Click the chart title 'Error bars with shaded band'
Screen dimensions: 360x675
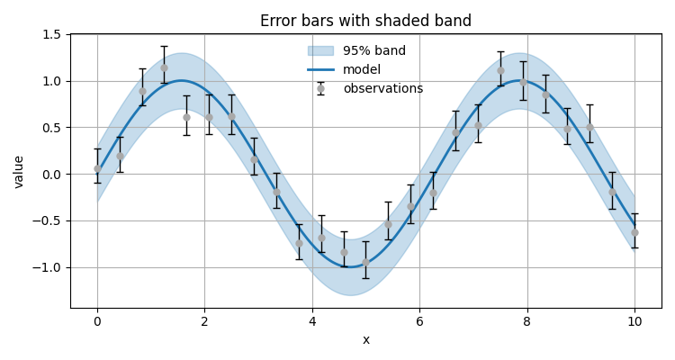[x=365, y=21]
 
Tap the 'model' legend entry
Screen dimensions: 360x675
[x=361, y=70]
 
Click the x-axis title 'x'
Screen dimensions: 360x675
[x=365, y=340]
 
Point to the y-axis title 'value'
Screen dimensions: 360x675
[x=19, y=171]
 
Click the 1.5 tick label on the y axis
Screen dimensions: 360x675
[x=52, y=34]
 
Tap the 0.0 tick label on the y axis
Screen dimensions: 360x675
[x=52, y=174]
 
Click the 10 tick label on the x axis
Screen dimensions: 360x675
[x=634, y=321]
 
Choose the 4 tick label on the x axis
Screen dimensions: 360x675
[x=312, y=321]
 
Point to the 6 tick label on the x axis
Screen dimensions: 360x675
[x=419, y=321]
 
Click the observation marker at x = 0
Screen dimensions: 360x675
[x=97, y=168]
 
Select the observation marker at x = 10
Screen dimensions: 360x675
[x=634, y=232]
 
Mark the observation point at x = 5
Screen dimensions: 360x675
[x=365, y=262]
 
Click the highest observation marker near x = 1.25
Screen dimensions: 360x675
[x=164, y=67]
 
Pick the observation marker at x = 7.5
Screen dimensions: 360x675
[x=500, y=70]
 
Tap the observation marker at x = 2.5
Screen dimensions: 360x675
[x=231, y=116]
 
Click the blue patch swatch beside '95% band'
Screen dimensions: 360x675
[x=320, y=51]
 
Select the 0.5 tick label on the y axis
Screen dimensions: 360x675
[x=52, y=127]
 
